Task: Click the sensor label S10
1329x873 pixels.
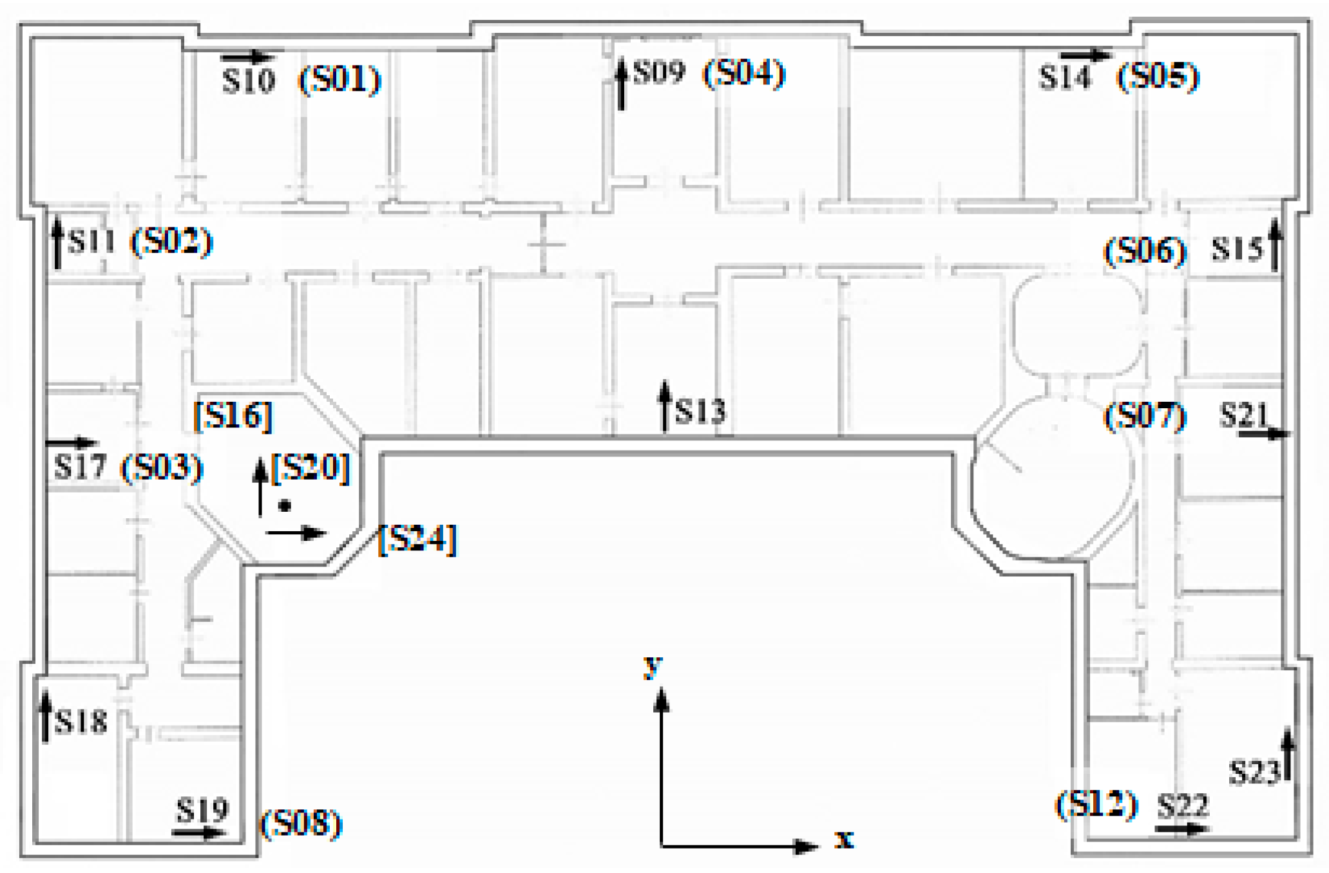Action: (249, 81)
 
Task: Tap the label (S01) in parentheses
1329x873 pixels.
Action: (340, 80)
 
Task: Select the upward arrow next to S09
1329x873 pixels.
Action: (621, 84)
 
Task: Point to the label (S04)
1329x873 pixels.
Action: (744, 73)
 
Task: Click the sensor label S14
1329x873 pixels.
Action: (1065, 77)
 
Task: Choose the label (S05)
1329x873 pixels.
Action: (1158, 77)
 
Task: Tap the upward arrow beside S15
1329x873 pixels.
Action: (1274, 245)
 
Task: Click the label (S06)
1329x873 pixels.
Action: (1145, 250)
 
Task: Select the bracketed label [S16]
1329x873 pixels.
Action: (233, 416)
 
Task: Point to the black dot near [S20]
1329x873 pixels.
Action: (285, 506)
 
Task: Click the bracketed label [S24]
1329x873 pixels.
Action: (417, 539)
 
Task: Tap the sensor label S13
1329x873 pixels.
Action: (700, 411)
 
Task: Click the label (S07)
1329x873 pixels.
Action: (1145, 417)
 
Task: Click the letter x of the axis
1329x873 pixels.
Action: (844, 839)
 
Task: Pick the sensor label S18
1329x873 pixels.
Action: (81, 722)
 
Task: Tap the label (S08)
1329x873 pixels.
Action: (301, 823)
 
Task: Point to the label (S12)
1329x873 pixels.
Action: (1096, 804)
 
